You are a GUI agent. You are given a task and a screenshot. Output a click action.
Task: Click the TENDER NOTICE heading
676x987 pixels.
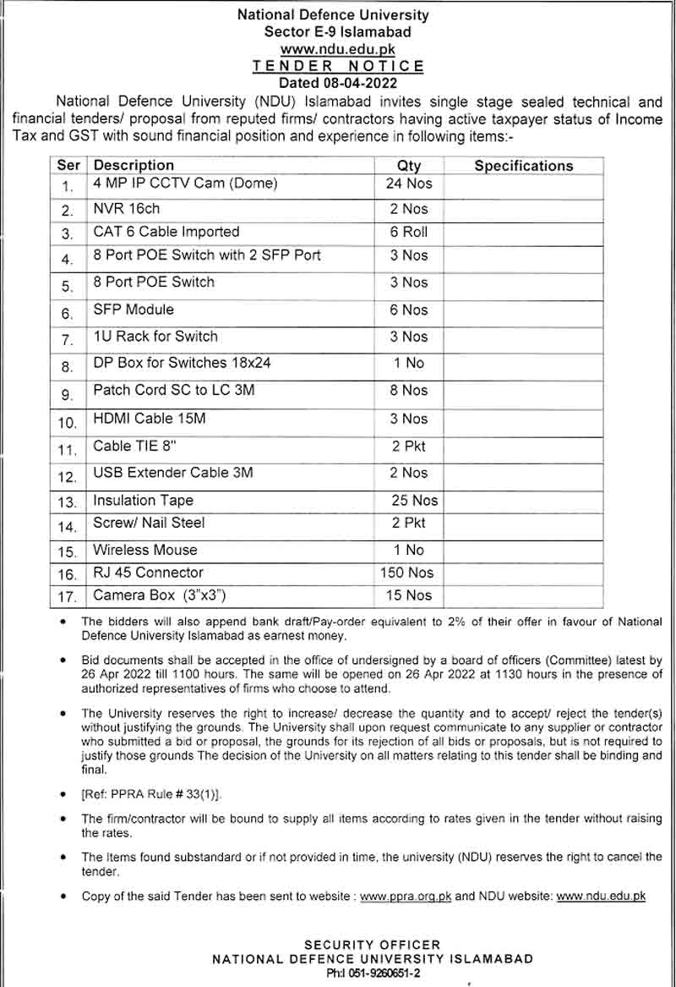(x=338, y=66)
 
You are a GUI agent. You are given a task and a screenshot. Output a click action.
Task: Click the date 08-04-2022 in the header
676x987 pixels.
(x=360, y=83)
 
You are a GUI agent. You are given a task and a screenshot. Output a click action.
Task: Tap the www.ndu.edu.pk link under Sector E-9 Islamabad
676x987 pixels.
(x=338, y=49)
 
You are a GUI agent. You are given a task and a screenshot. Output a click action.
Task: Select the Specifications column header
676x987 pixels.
(x=523, y=166)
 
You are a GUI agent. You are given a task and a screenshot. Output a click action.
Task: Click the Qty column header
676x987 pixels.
(x=408, y=166)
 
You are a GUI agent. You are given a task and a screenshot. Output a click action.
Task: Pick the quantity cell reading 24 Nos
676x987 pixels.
(x=408, y=183)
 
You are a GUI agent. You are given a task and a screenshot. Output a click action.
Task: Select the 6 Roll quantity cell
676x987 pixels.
(x=408, y=232)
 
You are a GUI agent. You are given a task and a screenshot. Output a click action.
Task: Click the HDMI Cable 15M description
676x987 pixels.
(x=150, y=418)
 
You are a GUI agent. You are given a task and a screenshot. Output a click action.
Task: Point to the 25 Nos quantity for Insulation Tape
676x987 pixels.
(x=414, y=501)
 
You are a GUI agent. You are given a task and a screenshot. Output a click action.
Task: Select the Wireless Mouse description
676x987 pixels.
(x=145, y=550)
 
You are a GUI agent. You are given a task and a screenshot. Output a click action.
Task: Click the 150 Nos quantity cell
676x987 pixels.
(x=407, y=573)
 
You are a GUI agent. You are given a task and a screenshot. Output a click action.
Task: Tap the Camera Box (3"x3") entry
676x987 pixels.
(x=160, y=595)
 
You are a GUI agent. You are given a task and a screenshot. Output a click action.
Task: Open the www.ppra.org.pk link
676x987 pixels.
(x=406, y=897)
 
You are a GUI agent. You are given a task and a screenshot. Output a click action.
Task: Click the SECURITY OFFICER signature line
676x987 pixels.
(x=372, y=945)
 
